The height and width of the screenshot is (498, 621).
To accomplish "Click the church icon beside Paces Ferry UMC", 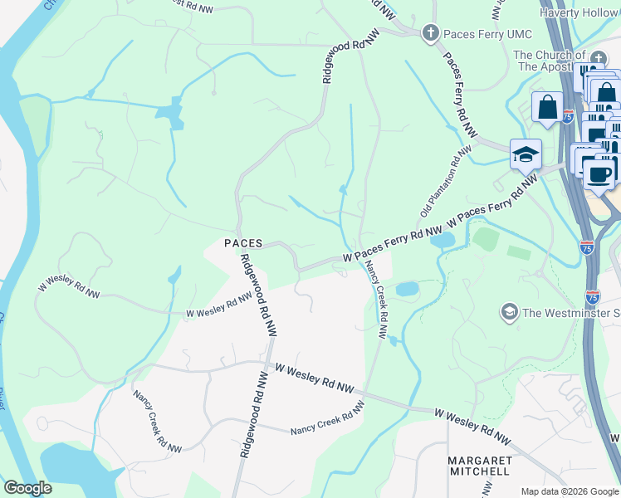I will point(430,32).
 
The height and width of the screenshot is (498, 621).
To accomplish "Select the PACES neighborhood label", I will point(243,243).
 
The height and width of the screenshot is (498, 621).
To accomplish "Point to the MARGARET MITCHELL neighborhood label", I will point(478,466).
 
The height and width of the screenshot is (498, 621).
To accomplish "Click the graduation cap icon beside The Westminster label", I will point(508,312).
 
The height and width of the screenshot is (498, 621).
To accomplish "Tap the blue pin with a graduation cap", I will point(526,154).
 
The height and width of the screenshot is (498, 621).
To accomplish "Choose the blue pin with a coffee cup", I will point(599,173).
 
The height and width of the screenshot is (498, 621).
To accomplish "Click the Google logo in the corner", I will point(27,488).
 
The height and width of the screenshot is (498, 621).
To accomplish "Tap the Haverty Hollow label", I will point(579,12).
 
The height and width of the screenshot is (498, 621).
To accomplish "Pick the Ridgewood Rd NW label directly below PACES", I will point(259,295).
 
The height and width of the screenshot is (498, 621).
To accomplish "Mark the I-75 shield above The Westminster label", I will point(593,296).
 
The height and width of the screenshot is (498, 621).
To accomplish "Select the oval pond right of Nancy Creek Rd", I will point(407,290).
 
